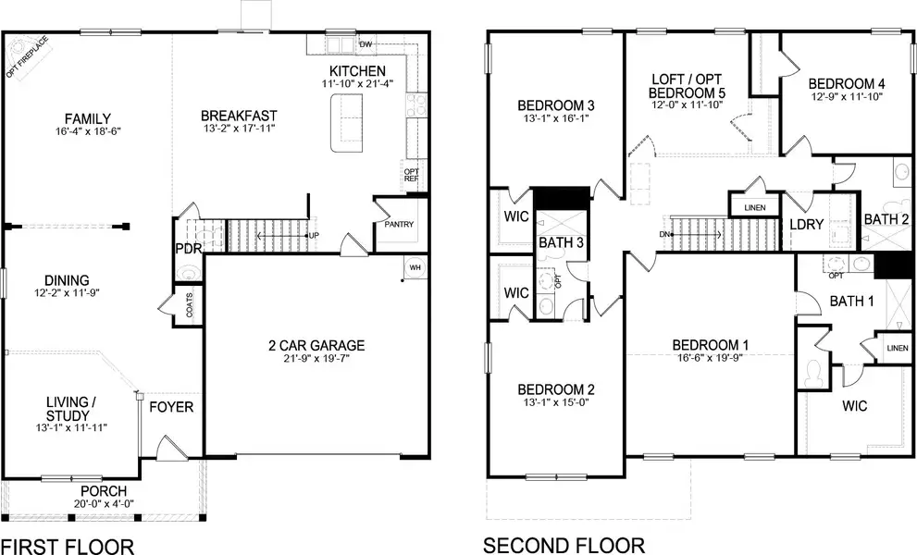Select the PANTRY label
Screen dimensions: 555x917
tap(400, 225)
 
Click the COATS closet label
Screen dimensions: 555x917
tap(190, 309)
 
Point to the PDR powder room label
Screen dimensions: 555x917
tap(189, 249)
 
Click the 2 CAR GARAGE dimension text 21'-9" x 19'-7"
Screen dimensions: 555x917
tap(316, 360)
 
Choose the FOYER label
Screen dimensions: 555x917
tap(171, 407)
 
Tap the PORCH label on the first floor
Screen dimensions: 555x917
tap(104, 490)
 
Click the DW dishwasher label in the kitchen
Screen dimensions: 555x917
tap(366, 43)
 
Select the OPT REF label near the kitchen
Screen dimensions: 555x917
tap(411, 175)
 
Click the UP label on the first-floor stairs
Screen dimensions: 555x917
tap(314, 236)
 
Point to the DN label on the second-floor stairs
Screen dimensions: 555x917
tap(663, 234)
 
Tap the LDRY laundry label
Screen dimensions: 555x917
tap(806, 225)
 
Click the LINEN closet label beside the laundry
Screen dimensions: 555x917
tap(755, 207)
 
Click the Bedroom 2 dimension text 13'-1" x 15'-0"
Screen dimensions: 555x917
tap(556, 402)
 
